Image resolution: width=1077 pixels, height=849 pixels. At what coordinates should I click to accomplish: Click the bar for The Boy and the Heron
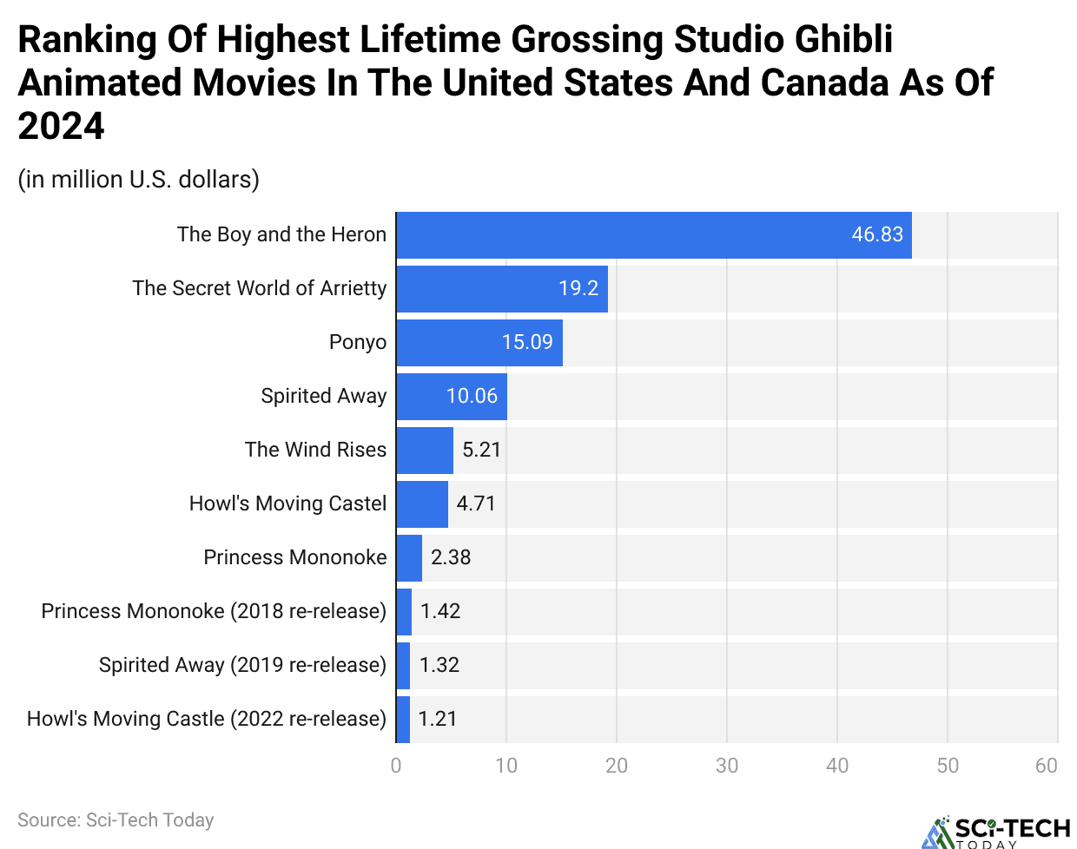tap(653, 235)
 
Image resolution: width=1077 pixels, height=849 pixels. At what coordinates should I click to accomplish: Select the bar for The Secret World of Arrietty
tap(502, 289)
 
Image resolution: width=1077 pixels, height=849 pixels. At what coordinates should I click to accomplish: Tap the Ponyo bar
tap(479, 343)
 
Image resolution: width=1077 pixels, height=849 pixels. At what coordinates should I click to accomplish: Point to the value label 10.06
tap(472, 397)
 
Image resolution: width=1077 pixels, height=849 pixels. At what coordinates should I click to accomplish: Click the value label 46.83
tap(877, 235)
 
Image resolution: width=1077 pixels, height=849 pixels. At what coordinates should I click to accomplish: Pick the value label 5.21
tap(481, 451)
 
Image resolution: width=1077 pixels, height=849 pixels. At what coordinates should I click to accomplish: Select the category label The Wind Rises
tap(315, 450)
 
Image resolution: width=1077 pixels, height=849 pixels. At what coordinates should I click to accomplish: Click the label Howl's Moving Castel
tap(287, 503)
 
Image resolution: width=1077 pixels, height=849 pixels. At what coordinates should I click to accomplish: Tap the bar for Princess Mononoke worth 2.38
tap(409, 558)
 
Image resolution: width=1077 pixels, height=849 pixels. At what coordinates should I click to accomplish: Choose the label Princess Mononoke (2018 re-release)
tap(214, 611)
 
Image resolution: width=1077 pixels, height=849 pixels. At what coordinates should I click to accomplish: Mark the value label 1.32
tap(439, 666)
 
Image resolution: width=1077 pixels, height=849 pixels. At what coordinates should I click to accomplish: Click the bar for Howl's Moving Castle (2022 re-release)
tap(403, 720)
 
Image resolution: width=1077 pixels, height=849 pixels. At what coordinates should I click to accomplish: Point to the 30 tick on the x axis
tap(727, 766)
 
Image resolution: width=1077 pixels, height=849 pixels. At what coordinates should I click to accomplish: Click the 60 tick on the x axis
tap(1047, 766)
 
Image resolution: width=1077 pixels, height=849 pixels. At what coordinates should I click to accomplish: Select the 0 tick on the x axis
tap(396, 766)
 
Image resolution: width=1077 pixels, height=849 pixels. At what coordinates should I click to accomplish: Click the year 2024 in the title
tap(61, 127)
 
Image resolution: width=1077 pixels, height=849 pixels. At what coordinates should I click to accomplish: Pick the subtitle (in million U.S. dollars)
tap(139, 180)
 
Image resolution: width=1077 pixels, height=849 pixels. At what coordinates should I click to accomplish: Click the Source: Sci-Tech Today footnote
tap(116, 820)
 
